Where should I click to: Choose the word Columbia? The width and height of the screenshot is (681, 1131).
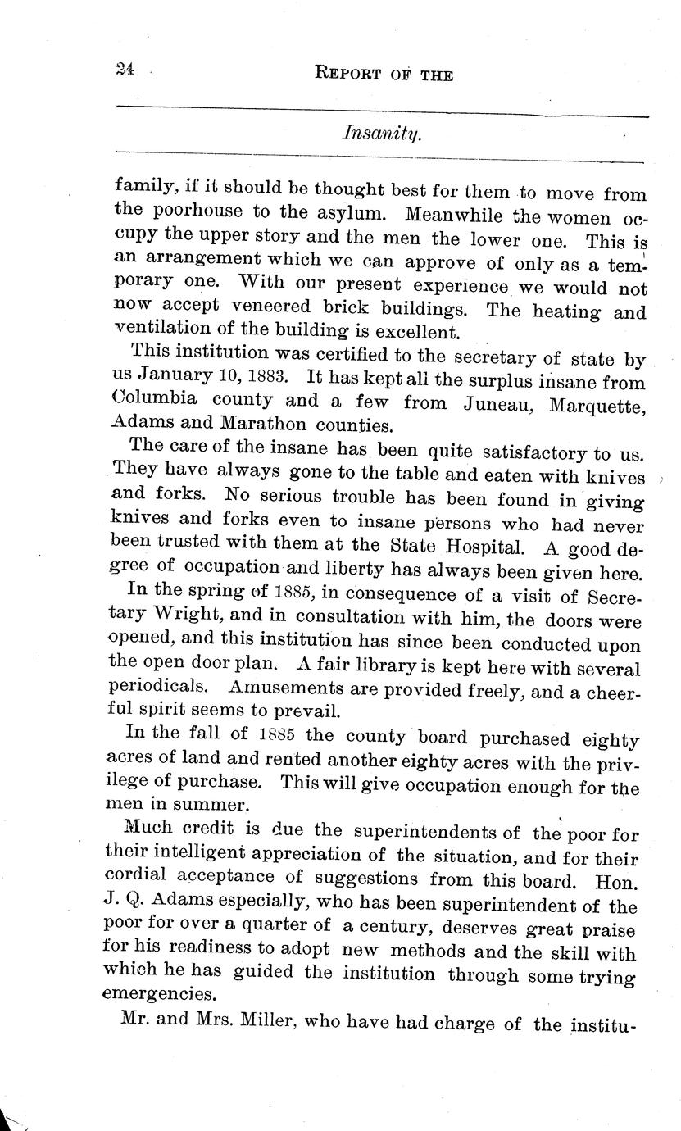pos(158,402)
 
